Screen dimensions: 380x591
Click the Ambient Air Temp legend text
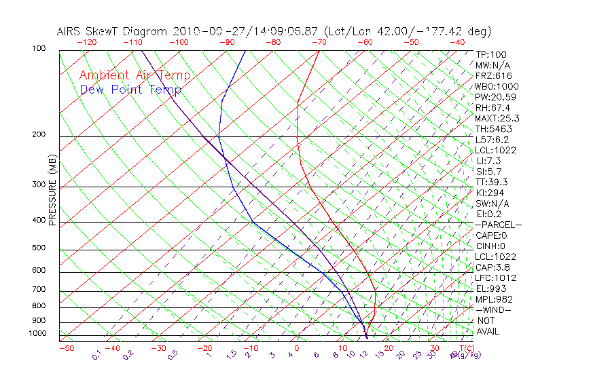pyautogui.click(x=135, y=75)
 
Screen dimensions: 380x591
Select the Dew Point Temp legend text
pyautogui.click(x=130, y=90)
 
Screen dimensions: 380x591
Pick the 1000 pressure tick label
pyautogui.click(x=38, y=333)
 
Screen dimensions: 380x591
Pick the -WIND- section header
pyautogui.click(x=494, y=309)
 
